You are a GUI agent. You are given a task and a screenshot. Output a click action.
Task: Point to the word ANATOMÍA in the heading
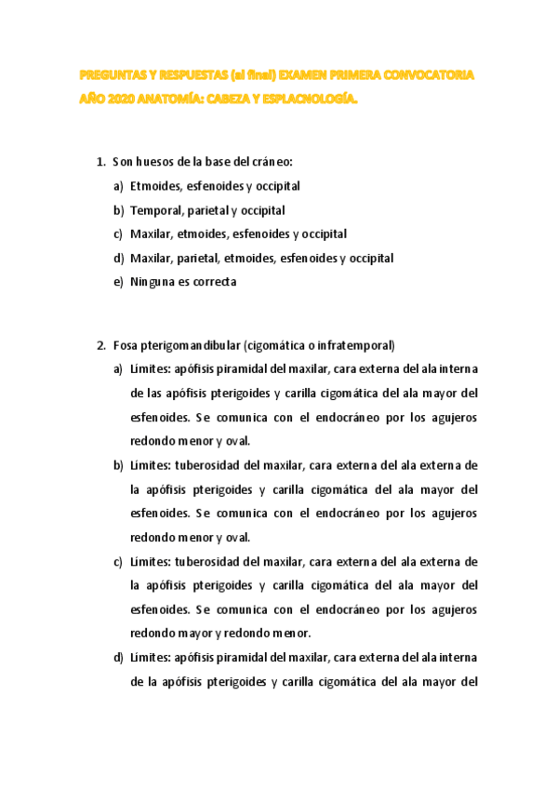(174, 95)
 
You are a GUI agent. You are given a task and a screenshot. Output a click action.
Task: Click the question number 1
(100, 163)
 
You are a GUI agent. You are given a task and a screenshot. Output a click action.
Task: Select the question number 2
(100, 346)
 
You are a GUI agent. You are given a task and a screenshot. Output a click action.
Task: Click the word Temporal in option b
(156, 211)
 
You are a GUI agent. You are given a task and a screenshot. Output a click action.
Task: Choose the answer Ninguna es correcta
(183, 282)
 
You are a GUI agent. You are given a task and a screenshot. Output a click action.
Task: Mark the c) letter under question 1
(118, 234)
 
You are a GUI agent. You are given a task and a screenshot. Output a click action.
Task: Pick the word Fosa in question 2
(125, 346)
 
